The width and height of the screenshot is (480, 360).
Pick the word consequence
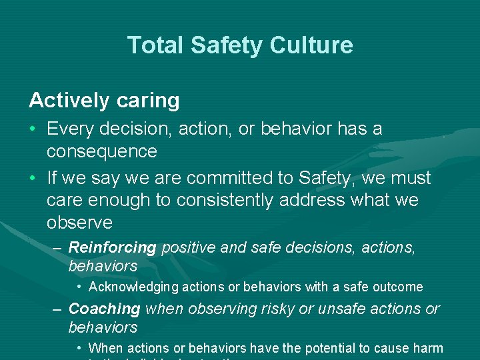point(102,151)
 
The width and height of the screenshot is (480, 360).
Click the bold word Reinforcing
point(112,247)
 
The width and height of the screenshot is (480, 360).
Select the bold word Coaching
point(104,309)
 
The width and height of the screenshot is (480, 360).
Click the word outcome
point(399,287)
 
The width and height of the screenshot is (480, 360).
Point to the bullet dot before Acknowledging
point(79,287)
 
